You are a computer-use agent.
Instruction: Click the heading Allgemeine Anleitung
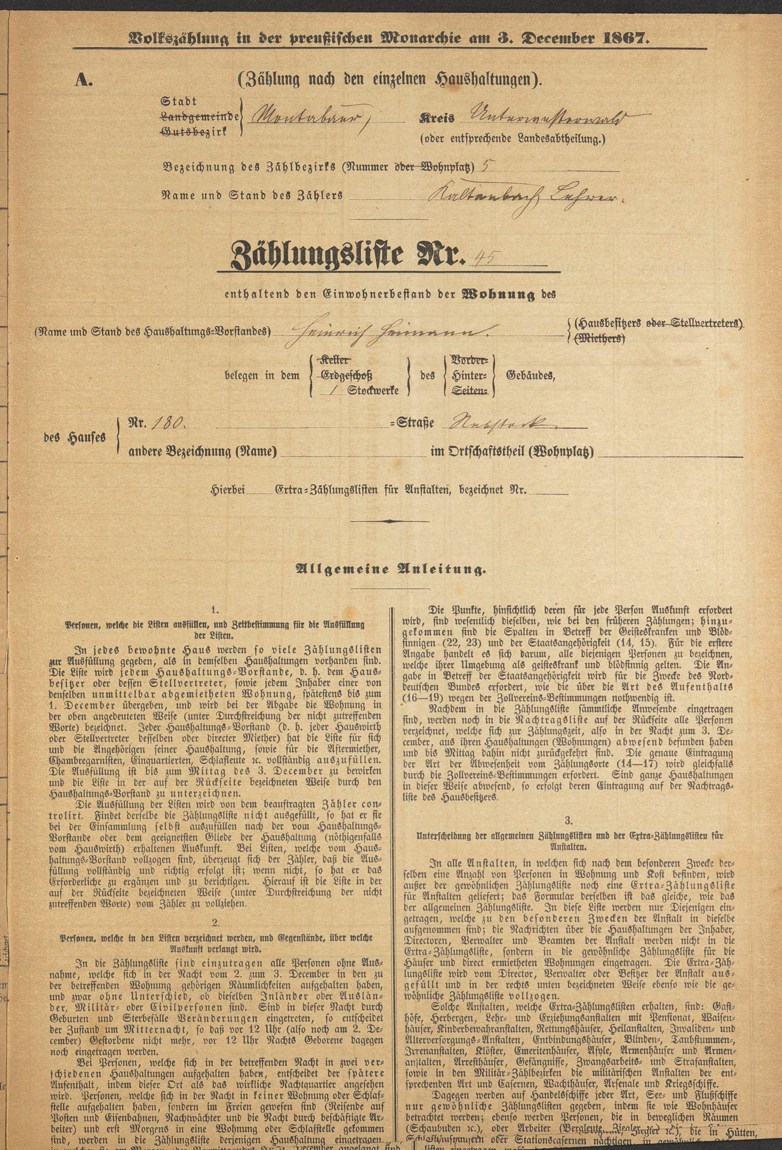(x=390, y=570)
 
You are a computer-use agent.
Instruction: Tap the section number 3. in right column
(x=568, y=820)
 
